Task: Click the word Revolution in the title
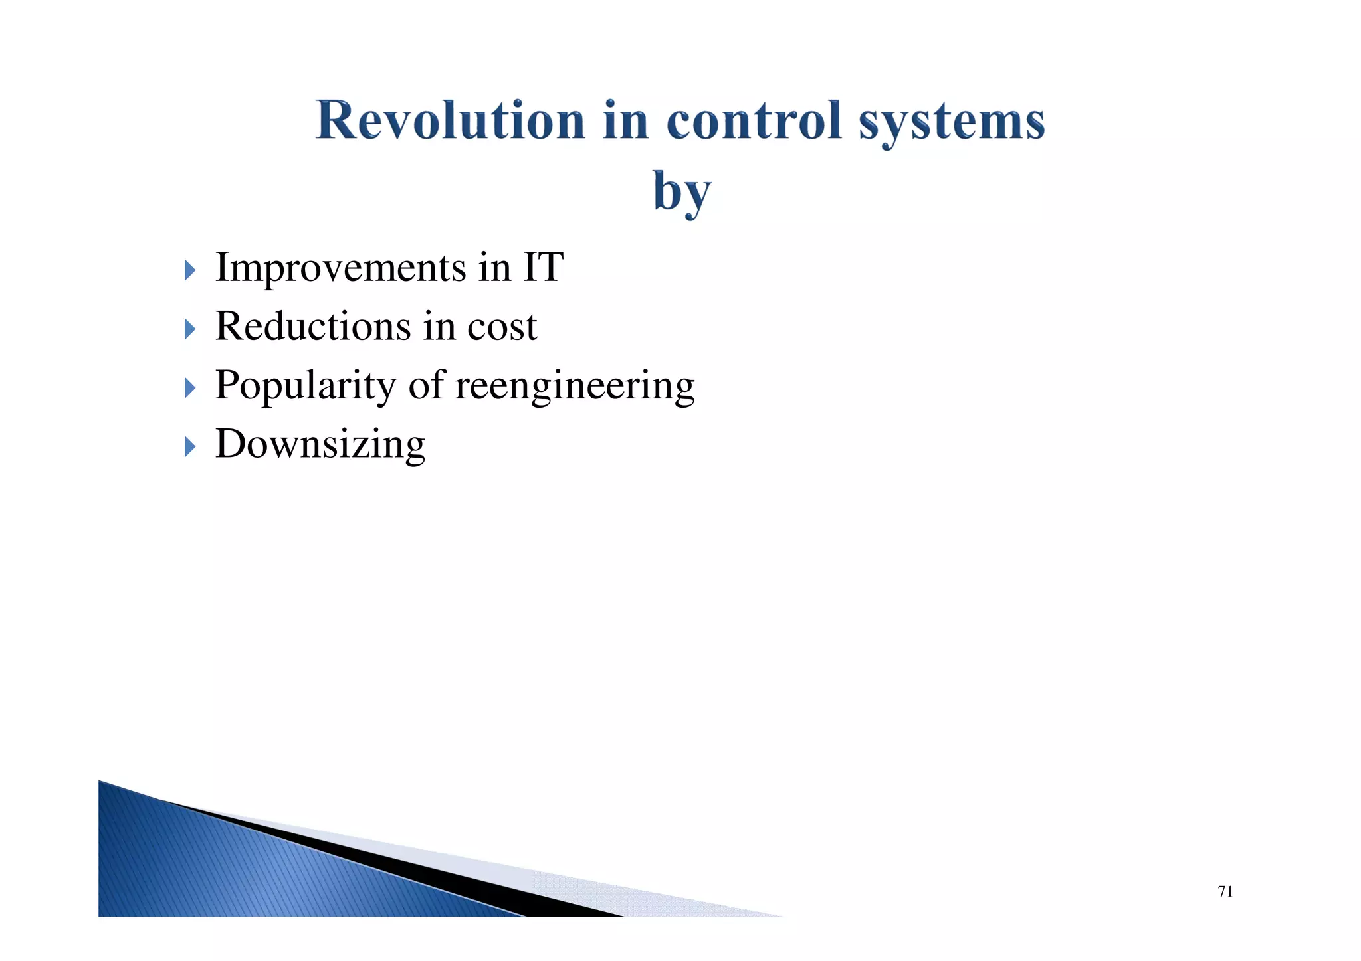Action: (x=450, y=121)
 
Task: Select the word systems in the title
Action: (x=951, y=123)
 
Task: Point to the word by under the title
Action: (x=681, y=192)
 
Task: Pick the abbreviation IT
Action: (x=543, y=267)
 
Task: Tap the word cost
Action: (x=502, y=327)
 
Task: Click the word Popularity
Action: (x=305, y=386)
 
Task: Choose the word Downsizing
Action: (x=320, y=444)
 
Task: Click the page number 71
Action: (x=1225, y=892)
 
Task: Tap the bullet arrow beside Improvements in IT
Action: (x=190, y=270)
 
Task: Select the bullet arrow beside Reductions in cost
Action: (x=190, y=329)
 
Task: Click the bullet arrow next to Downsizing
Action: (x=190, y=446)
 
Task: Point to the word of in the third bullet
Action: (x=425, y=385)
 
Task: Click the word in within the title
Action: (x=625, y=121)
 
